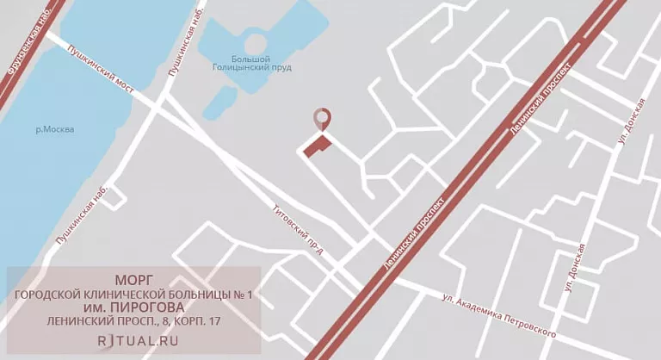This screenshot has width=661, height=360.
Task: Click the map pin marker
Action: (x=322, y=120)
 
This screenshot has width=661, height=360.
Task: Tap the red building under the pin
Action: (x=317, y=146)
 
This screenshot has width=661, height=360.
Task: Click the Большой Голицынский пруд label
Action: (x=254, y=62)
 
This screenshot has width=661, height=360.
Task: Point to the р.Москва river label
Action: (x=55, y=130)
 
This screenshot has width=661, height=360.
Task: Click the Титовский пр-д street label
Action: (x=297, y=230)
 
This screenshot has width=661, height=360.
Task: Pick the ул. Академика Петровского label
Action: (x=497, y=316)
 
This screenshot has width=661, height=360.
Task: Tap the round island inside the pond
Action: (x=255, y=42)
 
